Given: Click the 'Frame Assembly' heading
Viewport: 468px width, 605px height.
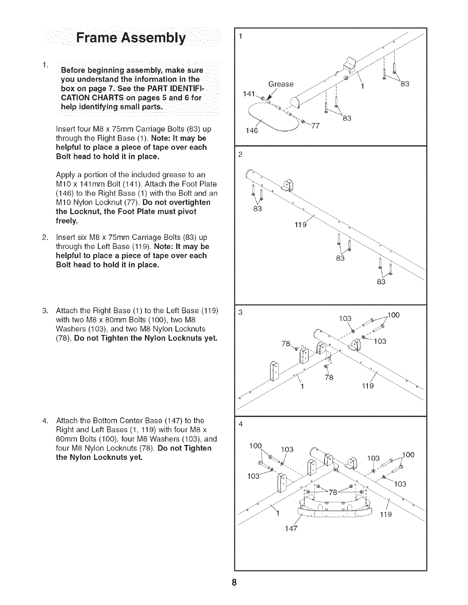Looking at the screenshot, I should coord(131,39).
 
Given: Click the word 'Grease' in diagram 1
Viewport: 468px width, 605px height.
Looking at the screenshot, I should coord(281,84).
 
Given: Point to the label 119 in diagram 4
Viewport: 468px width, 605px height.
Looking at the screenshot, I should coord(386,514).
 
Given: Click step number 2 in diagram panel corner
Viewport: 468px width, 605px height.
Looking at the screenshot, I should coord(240,155).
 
